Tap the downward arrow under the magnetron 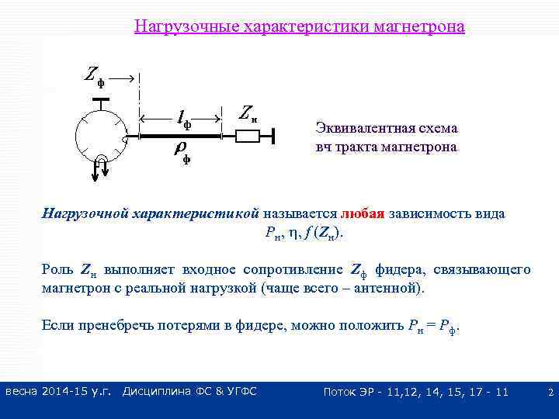click(x=95, y=171)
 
